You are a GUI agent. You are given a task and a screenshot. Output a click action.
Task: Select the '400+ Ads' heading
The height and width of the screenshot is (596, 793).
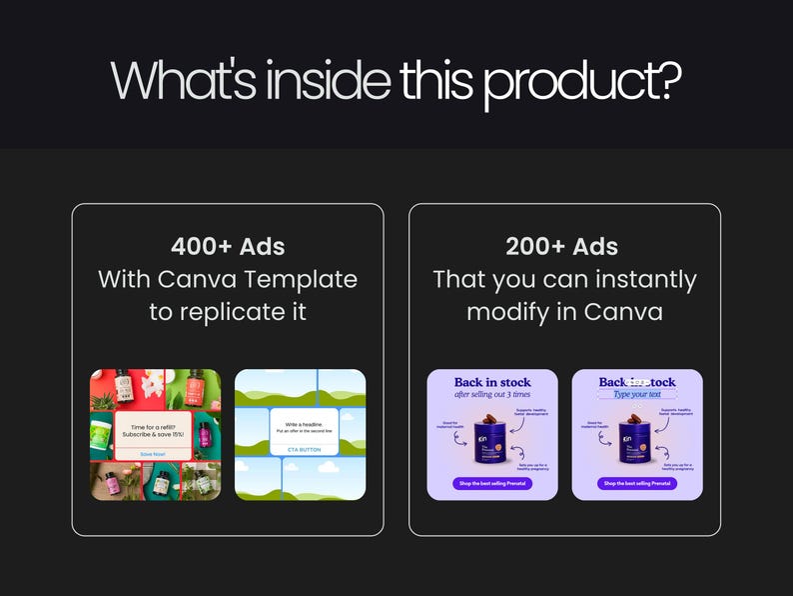[x=228, y=246]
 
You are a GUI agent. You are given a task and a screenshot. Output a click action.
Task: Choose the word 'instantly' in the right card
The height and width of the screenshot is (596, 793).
[x=638, y=279]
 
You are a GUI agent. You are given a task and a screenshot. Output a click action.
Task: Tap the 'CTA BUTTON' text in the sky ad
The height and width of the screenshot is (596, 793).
[x=300, y=450]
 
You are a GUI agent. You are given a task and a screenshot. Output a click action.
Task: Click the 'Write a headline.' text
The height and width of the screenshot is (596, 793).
[x=300, y=424]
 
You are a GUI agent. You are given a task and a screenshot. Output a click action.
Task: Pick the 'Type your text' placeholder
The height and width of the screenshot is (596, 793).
[x=637, y=394]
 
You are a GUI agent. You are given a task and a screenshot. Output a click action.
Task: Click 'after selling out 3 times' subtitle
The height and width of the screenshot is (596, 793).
[x=492, y=394]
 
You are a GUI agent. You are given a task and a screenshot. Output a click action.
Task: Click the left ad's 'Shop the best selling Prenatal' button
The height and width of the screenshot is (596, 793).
[x=492, y=483]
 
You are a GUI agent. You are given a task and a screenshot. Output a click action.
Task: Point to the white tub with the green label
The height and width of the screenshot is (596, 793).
[x=107, y=431]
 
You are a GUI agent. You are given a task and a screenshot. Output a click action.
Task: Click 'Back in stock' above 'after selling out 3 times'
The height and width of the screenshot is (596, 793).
[x=492, y=382]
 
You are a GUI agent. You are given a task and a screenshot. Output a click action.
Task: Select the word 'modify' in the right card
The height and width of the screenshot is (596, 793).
[x=508, y=311]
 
